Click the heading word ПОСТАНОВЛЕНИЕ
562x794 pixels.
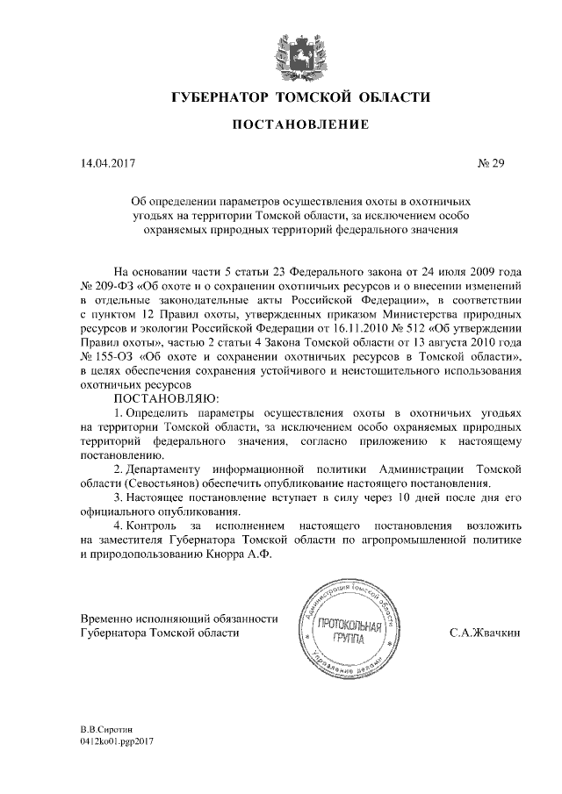point(281,126)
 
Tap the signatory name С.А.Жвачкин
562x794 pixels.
point(485,632)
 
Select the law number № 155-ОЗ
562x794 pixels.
point(104,360)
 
